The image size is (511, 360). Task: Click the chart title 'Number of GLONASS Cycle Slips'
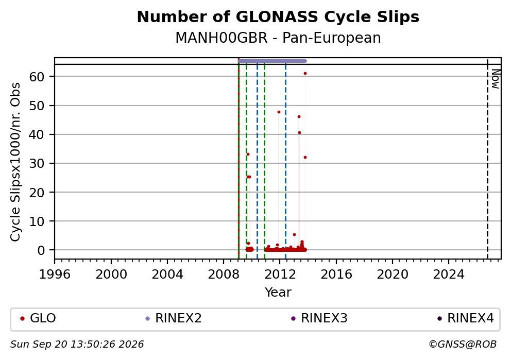point(278,17)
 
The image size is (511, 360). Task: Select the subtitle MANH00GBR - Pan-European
point(278,38)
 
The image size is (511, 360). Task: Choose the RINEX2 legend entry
point(174,318)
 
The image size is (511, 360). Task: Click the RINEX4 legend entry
point(465,318)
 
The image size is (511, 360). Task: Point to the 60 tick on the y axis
point(37,77)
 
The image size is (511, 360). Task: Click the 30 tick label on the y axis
point(37,164)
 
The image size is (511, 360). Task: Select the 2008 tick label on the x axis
point(224,275)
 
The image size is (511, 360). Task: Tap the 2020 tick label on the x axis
point(393,275)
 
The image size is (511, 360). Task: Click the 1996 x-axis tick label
point(55,275)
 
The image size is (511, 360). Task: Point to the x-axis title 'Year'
point(278,292)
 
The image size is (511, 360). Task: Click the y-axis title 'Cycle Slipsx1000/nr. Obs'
point(15,162)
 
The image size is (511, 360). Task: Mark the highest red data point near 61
point(305,74)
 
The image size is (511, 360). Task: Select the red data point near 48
point(279,112)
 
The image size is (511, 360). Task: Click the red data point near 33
point(248,155)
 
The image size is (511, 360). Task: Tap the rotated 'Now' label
point(496,79)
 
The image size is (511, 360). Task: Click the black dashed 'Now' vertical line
point(487,159)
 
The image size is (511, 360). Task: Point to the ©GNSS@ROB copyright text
point(463,345)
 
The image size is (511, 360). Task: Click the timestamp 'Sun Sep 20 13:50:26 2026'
point(77,345)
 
